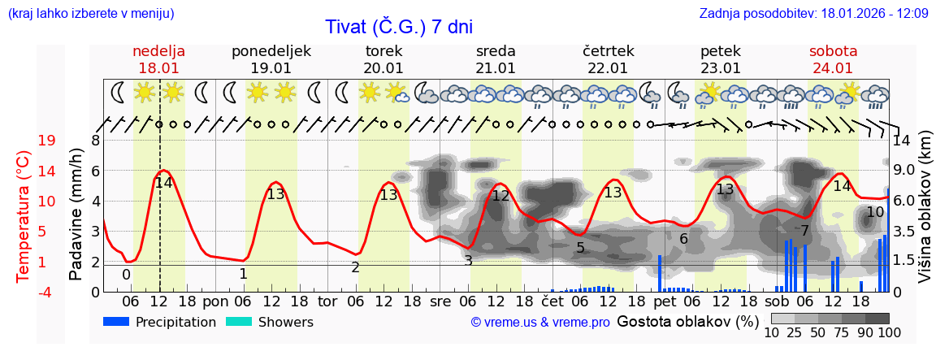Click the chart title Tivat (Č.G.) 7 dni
[x=399, y=27]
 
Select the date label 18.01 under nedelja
[x=159, y=68]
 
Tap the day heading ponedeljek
[x=271, y=51]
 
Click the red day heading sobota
[x=833, y=51]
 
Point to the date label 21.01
[x=496, y=68]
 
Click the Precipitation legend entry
[x=159, y=322]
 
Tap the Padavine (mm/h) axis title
[x=76, y=215]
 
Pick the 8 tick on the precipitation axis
[x=95, y=141]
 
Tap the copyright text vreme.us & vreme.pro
[x=540, y=322]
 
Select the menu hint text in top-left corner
[x=90, y=14]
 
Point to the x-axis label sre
[x=440, y=301]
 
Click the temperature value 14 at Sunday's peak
[x=163, y=183]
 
